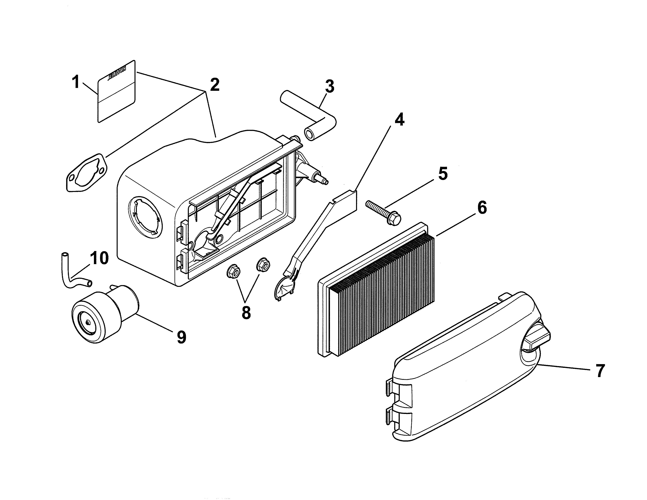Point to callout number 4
399,119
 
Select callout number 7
600,371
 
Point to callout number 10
99,258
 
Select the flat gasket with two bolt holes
86,173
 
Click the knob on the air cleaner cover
536,340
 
